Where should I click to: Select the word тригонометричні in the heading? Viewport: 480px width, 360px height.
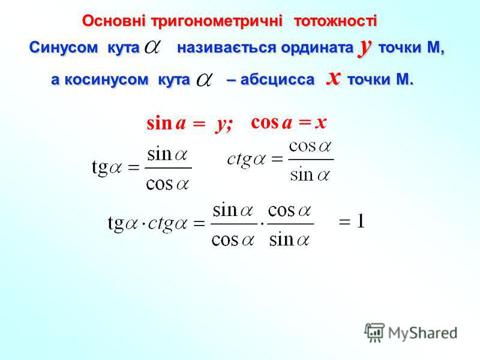tap(216, 22)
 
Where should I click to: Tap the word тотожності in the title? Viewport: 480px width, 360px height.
tap(335, 21)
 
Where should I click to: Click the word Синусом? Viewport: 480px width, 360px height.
tap(64, 48)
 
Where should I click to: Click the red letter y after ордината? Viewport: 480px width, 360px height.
tap(365, 47)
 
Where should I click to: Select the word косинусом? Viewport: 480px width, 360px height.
tap(107, 80)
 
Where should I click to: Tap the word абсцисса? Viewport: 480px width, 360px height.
tap(277, 80)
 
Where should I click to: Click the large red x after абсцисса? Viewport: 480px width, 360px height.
tap(334, 78)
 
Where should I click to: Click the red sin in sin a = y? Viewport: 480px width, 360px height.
tap(159, 124)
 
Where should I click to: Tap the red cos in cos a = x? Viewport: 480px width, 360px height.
tap(265, 122)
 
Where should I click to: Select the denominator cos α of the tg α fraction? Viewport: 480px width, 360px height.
tap(168, 184)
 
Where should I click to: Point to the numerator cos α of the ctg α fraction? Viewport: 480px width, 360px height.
tap(310, 146)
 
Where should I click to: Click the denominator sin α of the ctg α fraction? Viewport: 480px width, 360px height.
tap(310, 175)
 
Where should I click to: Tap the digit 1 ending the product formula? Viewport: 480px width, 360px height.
tap(361, 221)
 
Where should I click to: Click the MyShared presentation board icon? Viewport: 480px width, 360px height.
tap(374, 332)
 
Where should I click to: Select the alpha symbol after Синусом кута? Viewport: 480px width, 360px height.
tap(152, 47)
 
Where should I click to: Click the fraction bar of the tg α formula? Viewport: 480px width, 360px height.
tap(168, 168)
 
